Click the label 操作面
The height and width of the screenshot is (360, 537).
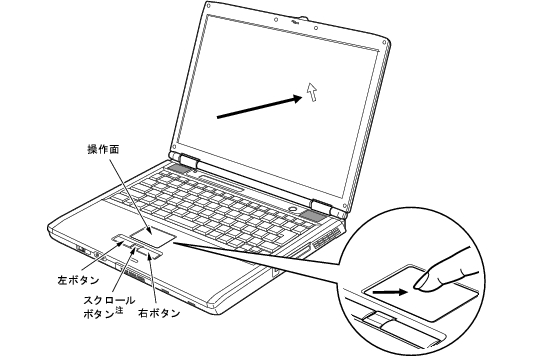click(103, 150)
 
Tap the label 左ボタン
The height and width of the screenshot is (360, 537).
click(78, 280)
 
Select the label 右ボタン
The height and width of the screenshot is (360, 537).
click(159, 313)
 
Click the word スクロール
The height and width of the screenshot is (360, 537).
click(109, 300)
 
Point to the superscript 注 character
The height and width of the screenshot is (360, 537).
click(119, 310)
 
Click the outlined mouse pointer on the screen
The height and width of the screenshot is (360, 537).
click(312, 92)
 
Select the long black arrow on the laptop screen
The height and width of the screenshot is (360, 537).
click(260, 108)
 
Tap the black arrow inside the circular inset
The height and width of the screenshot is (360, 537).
click(391, 292)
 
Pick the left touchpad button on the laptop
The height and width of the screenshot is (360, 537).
click(121, 238)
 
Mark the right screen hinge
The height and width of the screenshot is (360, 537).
click(321, 206)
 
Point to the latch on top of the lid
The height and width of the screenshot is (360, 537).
click(303, 18)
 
